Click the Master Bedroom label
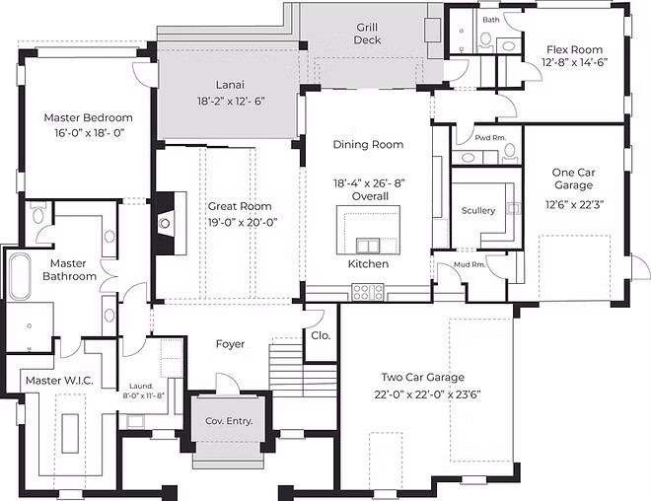pos(88,117)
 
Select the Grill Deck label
pos(368,34)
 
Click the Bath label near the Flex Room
pos(490,19)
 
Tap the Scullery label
pos(478,210)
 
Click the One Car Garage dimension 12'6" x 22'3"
pos(573,205)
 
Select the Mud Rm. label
pos(470,264)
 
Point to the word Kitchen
pos(368,264)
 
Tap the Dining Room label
pos(368,145)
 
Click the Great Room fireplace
pos(165,223)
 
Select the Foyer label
pos(230,344)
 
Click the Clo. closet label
pos(320,334)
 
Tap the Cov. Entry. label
pos(229,421)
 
